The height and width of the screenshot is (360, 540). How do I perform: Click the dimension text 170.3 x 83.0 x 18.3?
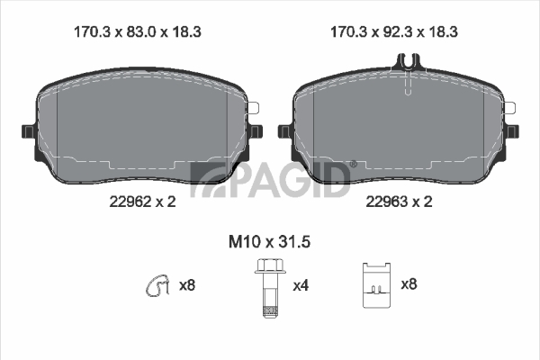click(x=138, y=32)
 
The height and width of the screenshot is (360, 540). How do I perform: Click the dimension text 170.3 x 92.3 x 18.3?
click(x=394, y=32)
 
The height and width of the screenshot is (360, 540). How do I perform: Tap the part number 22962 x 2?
click(x=142, y=202)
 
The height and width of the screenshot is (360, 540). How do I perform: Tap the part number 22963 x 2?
click(x=399, y=202)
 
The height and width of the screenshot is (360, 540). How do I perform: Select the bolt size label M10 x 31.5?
click(x=270, y=242)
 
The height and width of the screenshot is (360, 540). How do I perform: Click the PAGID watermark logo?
click(x=270, y=179)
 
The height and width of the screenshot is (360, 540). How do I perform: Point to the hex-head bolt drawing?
click(x=270, y=288)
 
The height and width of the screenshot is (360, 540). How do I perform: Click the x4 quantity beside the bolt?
click(x=301, y=285)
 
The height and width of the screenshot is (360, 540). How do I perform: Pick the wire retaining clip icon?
click(x=157, y=285)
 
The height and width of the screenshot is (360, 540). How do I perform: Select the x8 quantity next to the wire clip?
click(x=187, y=285)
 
